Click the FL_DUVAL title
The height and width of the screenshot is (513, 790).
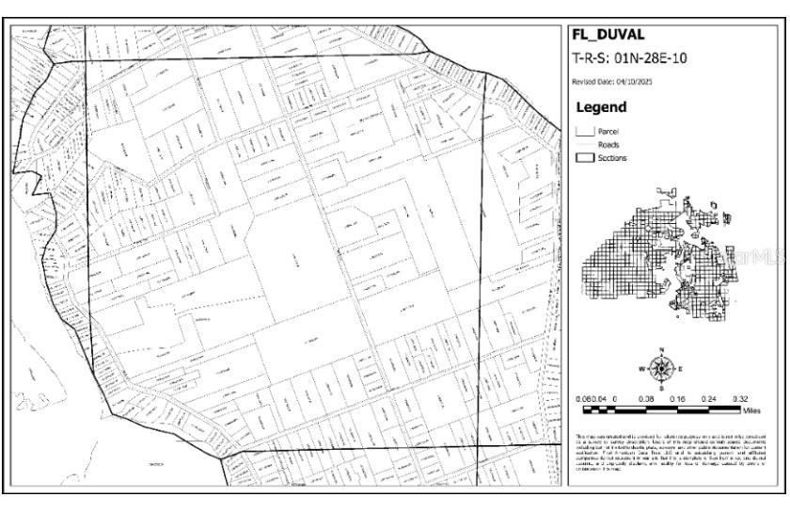[608, 35]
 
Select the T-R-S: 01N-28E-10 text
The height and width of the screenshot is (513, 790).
[629, 58]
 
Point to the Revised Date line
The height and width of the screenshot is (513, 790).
[612, 83]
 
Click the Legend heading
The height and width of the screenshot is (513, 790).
[600, 108]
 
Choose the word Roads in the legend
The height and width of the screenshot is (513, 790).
[608, 145]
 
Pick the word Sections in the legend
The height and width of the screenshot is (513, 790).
[612, 158]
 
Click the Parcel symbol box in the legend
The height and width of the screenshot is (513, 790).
[584, 132]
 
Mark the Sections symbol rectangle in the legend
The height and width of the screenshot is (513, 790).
[584, 158]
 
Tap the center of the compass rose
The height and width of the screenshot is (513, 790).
[662, 368]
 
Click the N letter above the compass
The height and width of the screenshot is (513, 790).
[662, 349]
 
